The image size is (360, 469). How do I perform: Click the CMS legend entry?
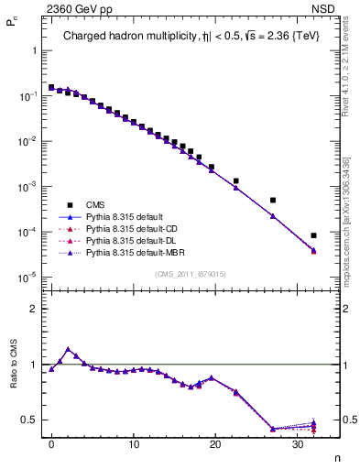[x=96, y=204]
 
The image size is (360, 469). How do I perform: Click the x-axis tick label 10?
[x=134, y=444]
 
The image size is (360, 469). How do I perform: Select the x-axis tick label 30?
[x=298, y=444]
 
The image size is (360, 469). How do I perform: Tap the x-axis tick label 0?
[x=51, y=444]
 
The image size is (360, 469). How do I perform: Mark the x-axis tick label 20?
[x=215, y=444]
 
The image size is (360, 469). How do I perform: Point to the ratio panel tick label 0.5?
[x=31, y=420]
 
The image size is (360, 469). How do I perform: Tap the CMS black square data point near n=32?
[x=313, y=235]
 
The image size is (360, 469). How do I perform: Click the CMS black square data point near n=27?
[x=272, y=200]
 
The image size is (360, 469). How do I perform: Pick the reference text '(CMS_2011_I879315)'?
[x=191, y=272]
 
